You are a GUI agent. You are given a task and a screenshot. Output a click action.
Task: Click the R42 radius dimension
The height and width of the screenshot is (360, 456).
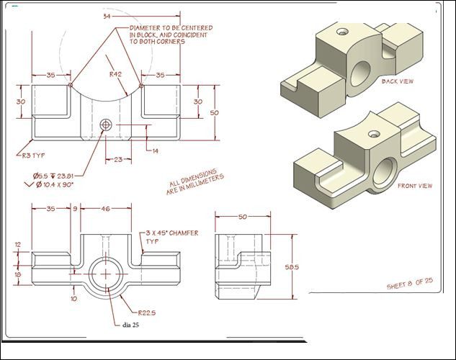pyautogui.click(x=115, y=73)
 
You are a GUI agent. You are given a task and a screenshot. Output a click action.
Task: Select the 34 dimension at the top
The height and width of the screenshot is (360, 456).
pyautogui.click(x=107, y=15)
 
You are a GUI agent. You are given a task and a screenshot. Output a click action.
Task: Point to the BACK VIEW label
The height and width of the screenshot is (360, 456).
pyautogui.click(x=398, y=81)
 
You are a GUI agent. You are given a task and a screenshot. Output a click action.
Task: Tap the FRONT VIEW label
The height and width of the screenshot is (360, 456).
pyautogui.click(x=415, y=186)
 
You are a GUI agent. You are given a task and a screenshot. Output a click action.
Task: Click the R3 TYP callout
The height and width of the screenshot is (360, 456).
pyautogui.click(x=30, y=153)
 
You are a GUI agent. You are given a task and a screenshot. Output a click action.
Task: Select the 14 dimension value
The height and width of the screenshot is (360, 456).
pyautogui.click(x=156, y=150)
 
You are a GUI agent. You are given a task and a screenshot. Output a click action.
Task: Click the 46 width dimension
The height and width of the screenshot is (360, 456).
pyautogui.click(x=106, y=208)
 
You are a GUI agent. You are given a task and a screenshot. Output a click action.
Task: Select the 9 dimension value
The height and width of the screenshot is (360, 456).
pyautogui.click(x=74, y=208)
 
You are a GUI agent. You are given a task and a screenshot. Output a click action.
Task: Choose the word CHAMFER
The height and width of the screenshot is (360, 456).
pyautogui.click(x=182, y=233)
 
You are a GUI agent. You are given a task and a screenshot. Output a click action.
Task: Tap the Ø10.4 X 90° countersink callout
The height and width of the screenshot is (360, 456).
pyautogui.click(x=57, y=184)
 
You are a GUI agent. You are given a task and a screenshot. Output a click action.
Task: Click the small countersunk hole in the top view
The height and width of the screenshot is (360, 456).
pyautogui.click(x=106, y=124)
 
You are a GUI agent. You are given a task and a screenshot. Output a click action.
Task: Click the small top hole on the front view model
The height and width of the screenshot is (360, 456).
pyautogui.click(x=373, y=134)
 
